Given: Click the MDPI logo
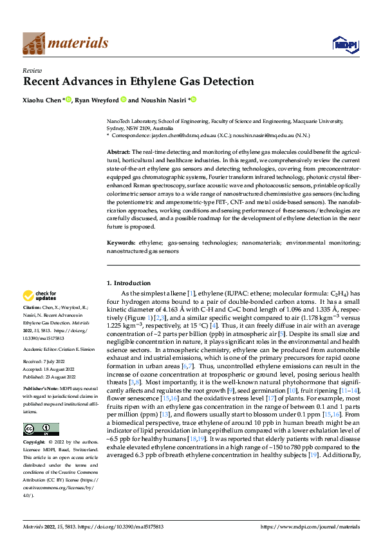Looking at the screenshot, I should point(344,44).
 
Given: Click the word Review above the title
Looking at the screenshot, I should point(32,70).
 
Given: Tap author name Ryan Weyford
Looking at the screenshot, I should point(95,100).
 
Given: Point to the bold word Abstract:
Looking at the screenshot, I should point(118,150).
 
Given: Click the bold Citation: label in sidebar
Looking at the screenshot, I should point(33,308).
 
